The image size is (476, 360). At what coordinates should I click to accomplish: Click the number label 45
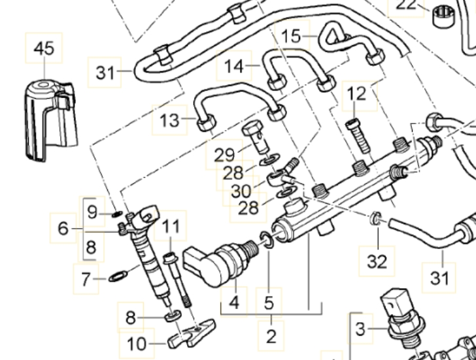[44, 48]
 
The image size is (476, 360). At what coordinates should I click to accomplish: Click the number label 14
[234, 66]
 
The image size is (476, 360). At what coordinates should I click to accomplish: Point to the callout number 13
[169, 120]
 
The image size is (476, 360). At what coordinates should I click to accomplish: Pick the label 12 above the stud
[356, 94]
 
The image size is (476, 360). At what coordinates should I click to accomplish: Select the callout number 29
[224, 155]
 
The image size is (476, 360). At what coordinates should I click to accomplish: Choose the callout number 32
[377, 261]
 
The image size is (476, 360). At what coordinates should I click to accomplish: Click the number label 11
[171, 227]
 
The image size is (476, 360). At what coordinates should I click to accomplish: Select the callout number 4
[234, 303]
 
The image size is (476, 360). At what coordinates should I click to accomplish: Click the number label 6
[63, 228]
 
